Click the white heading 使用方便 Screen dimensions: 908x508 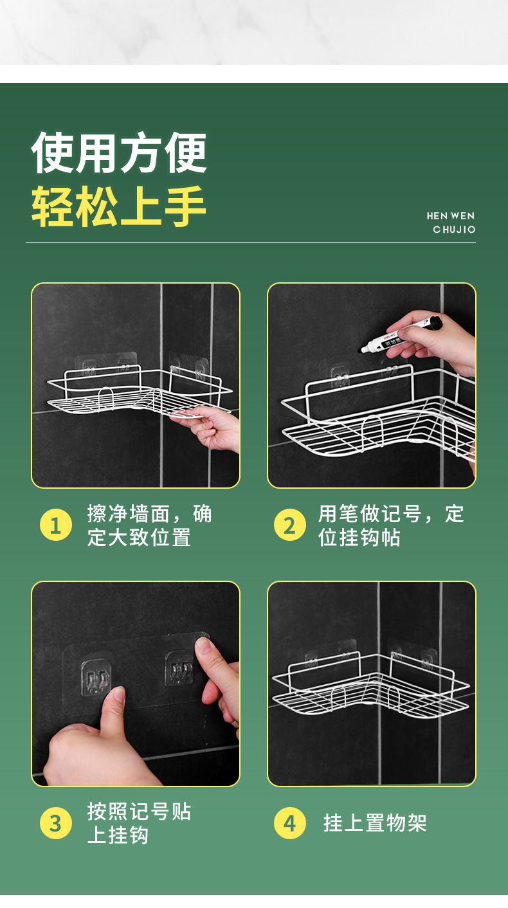point(119,153)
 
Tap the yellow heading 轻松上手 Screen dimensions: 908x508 point(119,207)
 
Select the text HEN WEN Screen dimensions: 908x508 point(450,216)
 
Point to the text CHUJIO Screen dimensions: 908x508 point(454,230)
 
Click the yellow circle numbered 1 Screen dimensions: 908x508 point(56,525)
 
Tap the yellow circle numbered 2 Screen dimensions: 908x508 point(289,525)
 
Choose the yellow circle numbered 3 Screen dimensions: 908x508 point(56,823)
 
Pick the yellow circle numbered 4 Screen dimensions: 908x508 point(289,823)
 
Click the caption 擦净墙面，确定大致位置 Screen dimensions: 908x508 point(149,525)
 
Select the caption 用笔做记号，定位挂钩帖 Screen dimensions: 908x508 point(391,525)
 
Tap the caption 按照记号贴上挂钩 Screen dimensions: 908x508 point(139,823)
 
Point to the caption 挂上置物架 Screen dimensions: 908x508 point(375,823)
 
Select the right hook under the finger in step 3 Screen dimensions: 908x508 point(179,669)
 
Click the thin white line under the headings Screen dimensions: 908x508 point(251,243)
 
